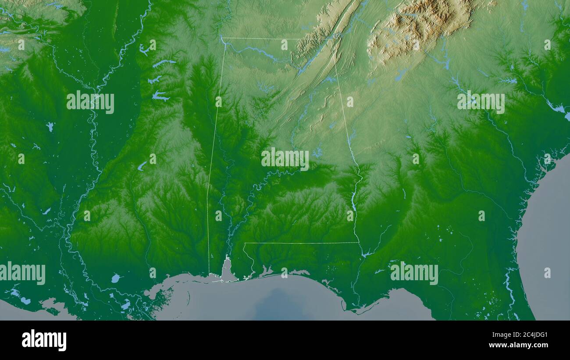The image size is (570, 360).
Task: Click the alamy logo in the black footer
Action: pyautogui.click(x=44, y=340)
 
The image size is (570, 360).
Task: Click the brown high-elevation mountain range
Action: pyautogui.click(x=419, y=26)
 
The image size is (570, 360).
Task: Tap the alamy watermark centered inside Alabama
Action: pyautogui.click(x=285, y=159)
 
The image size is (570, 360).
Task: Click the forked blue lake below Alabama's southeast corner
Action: pyautogui.click(x=367, y=253)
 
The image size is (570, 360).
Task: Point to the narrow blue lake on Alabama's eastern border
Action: pyautogui.click(x=353, y=200)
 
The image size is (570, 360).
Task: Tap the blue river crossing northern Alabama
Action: pyautogui.click(x=256, y=51)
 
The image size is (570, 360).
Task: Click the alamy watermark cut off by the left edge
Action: pyautogui.click(x=22, y=273)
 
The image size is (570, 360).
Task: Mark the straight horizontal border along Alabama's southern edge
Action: pyautogui.click(x=303, y=243)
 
